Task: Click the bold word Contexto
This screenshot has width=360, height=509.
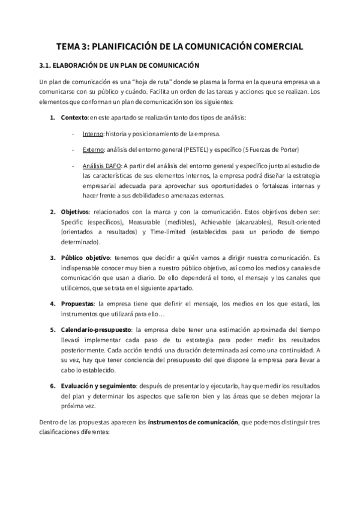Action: click(74, 116)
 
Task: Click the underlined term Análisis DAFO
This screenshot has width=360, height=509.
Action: click(103, 165)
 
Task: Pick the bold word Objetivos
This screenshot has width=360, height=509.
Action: click(74, 212)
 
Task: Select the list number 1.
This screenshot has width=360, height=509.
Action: click(52, 116)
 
